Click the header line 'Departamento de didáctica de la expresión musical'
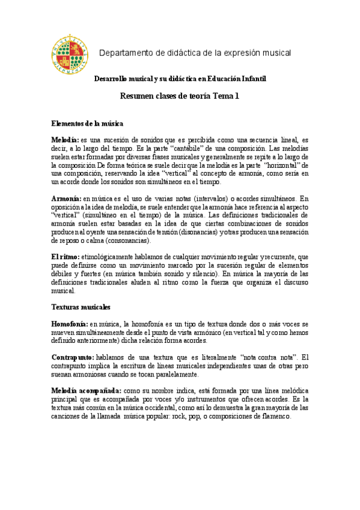point(195,53)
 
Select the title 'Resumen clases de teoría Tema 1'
point(180,96)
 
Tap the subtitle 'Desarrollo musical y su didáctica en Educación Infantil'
point(180,79)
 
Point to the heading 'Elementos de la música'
point(87,123)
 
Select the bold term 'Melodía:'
point(65,139)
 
